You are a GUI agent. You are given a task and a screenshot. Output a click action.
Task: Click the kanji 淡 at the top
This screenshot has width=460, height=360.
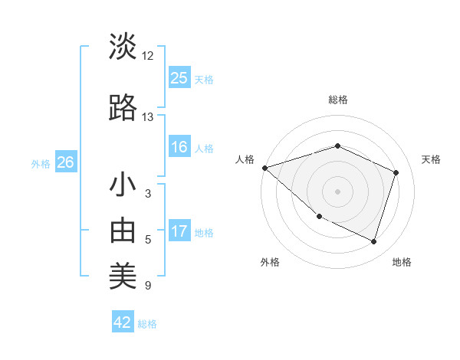pos(123,47)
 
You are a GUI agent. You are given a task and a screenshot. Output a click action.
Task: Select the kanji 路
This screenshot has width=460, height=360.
pos(123,109)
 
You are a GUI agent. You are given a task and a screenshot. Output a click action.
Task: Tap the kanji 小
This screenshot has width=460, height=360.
pos(123,185)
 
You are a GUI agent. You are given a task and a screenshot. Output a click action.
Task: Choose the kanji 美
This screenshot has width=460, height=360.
pos(123,277)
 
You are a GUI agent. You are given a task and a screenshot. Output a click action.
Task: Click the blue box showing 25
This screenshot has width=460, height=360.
pos(179,78)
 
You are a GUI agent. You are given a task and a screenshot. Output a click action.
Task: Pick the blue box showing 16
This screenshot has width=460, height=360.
pos(179,147)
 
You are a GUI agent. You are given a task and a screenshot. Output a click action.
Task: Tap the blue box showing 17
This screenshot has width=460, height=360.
pos(179,231)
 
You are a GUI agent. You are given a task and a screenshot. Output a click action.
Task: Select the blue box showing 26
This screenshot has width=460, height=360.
pos(65,162)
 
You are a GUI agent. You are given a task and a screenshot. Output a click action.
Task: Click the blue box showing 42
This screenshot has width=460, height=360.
pos(123,322)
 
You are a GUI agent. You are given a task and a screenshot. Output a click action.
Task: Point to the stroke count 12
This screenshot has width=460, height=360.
pos(148,56)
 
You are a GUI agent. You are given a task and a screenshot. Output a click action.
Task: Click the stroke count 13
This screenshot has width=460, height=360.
pos(148,117)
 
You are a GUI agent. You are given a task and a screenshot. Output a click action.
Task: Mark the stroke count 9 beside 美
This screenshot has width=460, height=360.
pos(148,286)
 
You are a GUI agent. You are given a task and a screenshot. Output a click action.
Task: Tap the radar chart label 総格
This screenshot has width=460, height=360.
pos(337,100)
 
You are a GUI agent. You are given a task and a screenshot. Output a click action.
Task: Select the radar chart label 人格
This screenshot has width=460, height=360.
pos(245,159)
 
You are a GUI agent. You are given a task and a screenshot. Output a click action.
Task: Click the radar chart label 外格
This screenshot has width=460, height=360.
pos(270,262)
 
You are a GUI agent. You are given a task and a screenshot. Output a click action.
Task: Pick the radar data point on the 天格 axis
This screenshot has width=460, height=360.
pos(396,172)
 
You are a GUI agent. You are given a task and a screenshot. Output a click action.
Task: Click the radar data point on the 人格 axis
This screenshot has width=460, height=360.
pos(264,168)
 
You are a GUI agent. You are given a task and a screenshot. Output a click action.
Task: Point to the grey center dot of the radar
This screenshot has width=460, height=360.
pos(337,191)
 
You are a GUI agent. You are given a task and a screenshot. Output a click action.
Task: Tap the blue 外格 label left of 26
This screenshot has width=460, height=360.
pos(41,163)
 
